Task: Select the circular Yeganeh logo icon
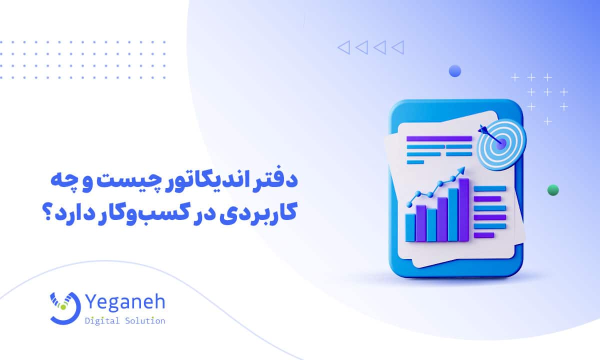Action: [65, 306]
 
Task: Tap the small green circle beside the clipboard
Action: [553, 189]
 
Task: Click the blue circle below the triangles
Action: [454, 71]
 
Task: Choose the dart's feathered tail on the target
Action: [482, 128]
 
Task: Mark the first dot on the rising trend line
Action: [409, 204]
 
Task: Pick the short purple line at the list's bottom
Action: [483, 234]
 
